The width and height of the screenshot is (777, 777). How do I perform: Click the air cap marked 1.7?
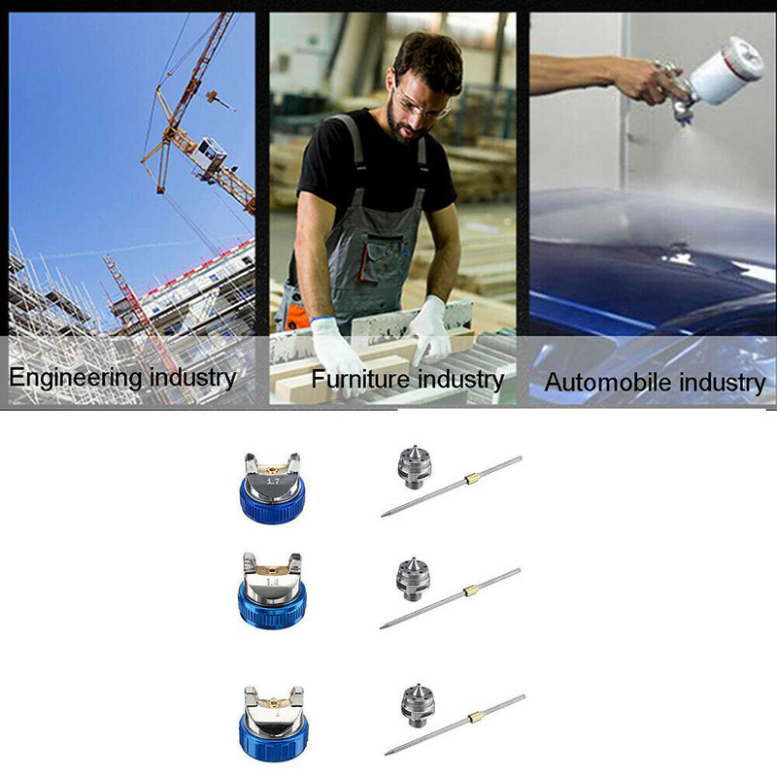273,487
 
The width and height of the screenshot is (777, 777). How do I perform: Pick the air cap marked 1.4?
272,591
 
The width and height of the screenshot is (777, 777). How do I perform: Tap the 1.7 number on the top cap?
273,481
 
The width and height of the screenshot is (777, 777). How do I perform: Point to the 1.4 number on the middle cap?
273,583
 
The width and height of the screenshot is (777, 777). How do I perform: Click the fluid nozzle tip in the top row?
415,467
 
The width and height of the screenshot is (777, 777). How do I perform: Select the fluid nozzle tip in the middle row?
413,579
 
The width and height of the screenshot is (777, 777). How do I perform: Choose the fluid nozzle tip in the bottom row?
418,706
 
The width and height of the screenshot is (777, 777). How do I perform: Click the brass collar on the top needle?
472,479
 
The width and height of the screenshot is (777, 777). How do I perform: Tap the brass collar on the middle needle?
471,591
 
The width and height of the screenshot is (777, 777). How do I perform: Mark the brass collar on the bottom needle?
476,717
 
